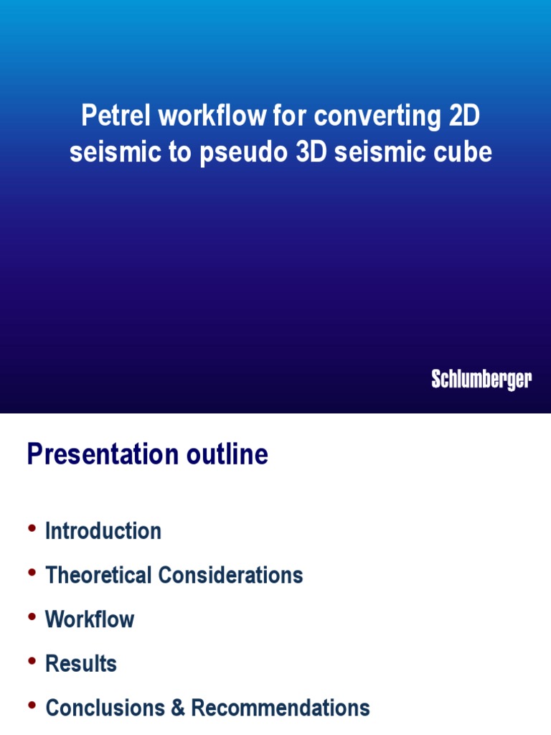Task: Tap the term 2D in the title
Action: click(x=465, y=116)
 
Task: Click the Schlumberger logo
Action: click(x=481, y=380)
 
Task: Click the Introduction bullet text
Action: click(x=103, y=531)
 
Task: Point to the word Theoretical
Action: click(x=98, y=575)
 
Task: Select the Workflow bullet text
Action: click(x=90, y=619)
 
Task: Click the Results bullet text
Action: click(x=81, y=664)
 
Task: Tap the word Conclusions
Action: click(x=105, y=708)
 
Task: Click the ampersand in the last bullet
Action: click(x=178, y=708)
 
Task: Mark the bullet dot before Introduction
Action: click(x=32, y=529)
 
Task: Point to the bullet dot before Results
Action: click(x=32, y=662)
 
